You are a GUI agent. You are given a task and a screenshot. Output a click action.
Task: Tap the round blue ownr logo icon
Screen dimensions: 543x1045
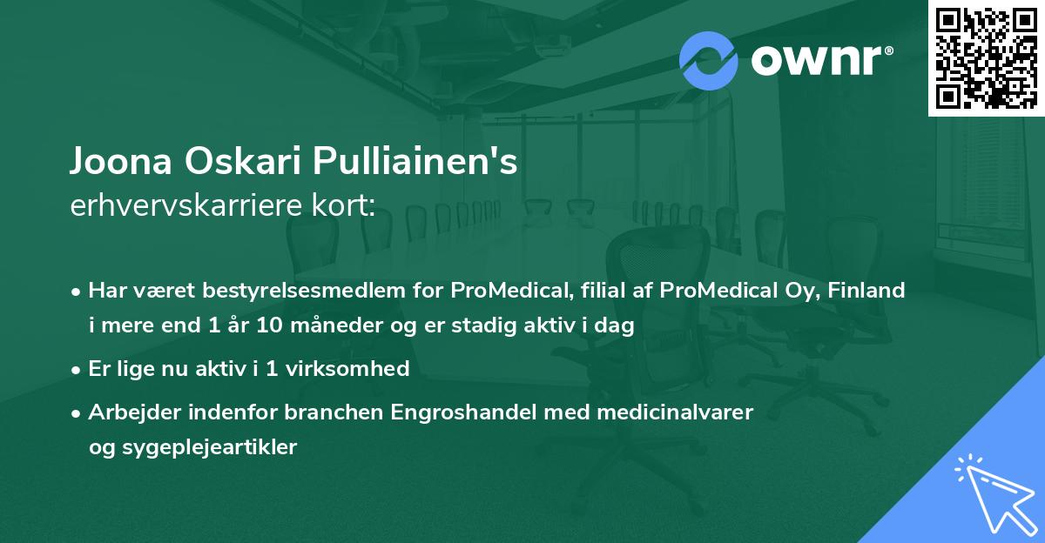[709, 60]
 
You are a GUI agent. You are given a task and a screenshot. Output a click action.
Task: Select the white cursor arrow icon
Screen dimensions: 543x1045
[992, 492]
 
